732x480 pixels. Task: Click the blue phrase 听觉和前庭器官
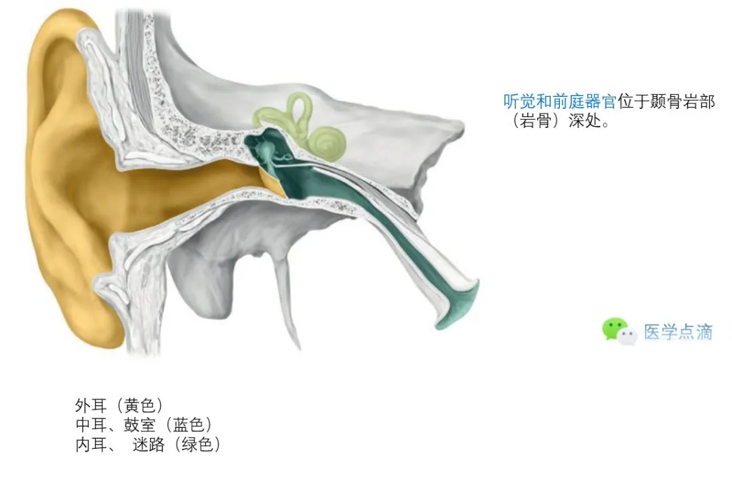point(559,102)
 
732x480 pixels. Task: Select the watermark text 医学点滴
point(678,332)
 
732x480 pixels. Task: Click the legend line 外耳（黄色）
point(119,406)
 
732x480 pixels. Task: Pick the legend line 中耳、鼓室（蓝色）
point(144,425)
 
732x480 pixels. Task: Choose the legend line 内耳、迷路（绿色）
point(148,445)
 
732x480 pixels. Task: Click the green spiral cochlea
point(327,139)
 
